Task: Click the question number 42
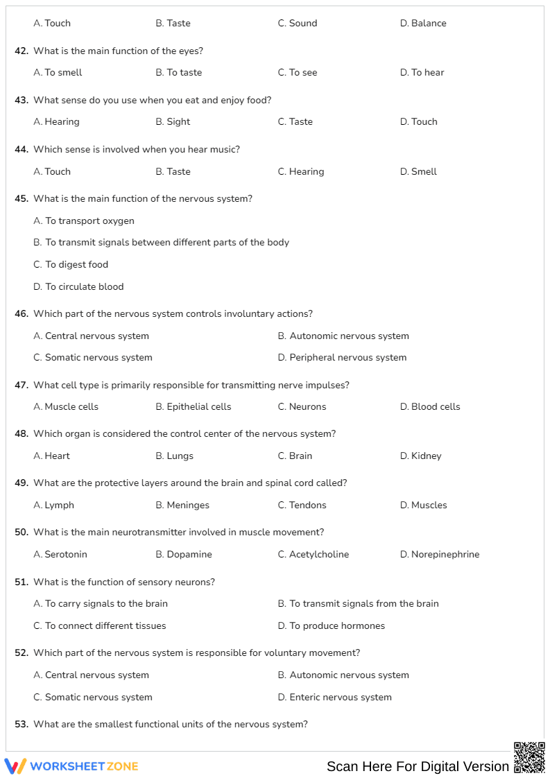click(x=22, y=51)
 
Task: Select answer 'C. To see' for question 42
click(x=298, y=72)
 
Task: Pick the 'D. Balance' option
click(x=423, y=23)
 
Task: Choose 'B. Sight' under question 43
click(x=173, y=121)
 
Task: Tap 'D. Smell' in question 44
click(x=418, y=171)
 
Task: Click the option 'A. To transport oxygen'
click(x=84, y=221)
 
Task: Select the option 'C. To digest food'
click(x=71, y=264)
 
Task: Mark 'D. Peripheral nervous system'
click(x=342, y=357)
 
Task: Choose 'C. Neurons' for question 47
click(x=302, y=406)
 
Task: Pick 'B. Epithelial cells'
click(x=194, y=406)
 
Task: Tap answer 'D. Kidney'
click(x=420, y=456)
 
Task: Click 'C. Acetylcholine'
click(x=313, y=554)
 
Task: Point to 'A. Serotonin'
click(x=60, y=554)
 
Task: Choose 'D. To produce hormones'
click(x=332, y=625)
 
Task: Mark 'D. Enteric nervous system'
click(x=335, y=697)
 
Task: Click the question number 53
click(x=22, y=724)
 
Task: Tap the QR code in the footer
click(x=529, y=757)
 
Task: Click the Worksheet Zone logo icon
click(x=15, y=766)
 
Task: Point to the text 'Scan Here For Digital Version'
click(x=418, y=766)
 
